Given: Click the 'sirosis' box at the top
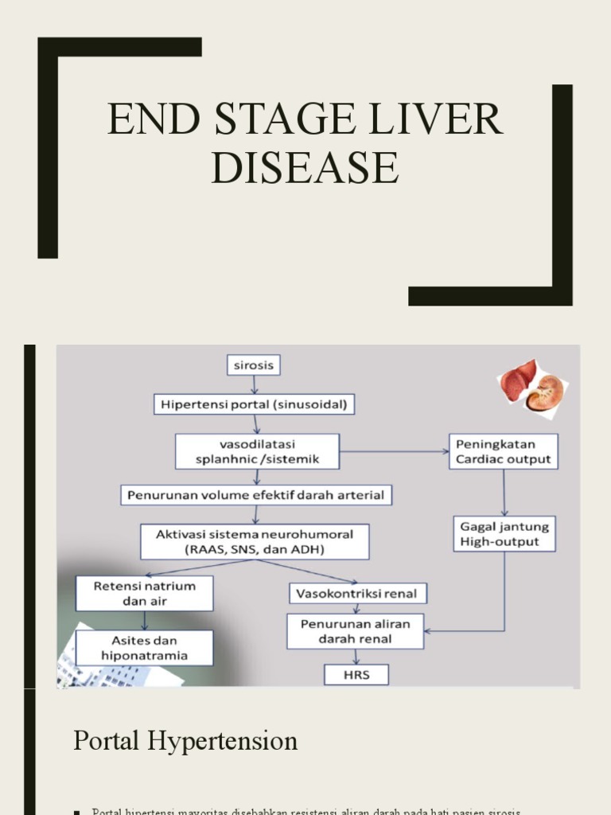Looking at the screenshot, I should [x=254, y=365].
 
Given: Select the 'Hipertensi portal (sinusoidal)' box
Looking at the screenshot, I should [x=254, y=404].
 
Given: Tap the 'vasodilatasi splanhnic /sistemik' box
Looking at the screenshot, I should [x=257, y=451].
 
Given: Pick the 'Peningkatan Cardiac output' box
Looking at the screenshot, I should [x=504, y=451].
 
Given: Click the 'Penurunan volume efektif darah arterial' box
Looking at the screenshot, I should [x=256, y=495].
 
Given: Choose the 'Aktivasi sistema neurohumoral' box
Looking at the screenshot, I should [x=255, y=541].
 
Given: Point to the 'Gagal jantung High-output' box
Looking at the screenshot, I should [x=505, y=534].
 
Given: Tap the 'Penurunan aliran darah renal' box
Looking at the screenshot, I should [x=356, y=631].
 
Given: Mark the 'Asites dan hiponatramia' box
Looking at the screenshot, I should [x=145, y=648].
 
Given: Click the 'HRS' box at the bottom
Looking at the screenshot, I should [x=356, y=675].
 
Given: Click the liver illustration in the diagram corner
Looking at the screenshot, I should [x=516, y=380].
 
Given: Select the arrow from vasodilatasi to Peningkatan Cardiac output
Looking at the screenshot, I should [x=394, y=451].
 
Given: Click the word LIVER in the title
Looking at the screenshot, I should [x=449, y=119].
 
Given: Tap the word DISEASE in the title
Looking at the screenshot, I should [x=305, y=168].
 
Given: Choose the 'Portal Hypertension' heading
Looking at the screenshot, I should [x=185, y=740].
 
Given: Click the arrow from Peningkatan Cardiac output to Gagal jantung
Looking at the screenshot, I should [x=504, y=493].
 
